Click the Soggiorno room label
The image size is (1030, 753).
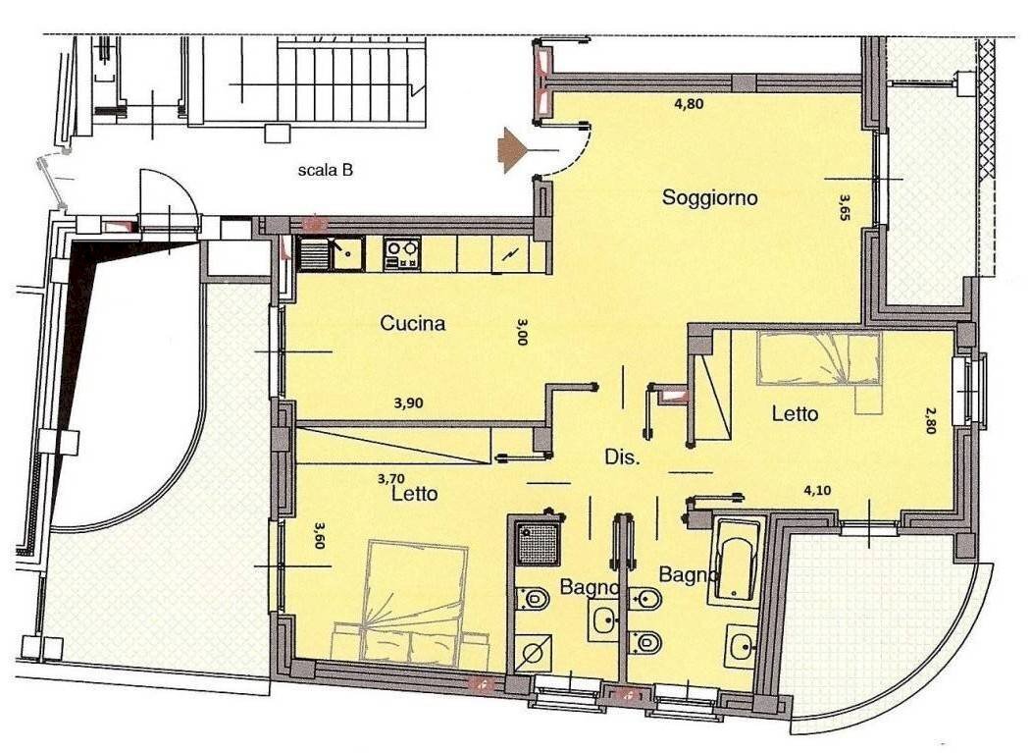[709, 197]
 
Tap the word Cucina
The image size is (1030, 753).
[413, 323]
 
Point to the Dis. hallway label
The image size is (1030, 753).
[622, 457]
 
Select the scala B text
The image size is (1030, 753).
[325, 170]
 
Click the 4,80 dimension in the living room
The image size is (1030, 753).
[690, 103]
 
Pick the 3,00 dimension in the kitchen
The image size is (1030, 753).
[522, 332]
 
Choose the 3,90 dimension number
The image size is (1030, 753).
[409, 403]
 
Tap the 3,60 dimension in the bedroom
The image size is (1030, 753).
[320, 535]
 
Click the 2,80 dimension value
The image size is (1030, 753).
[929, 419]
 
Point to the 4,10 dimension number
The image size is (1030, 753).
[819, 490]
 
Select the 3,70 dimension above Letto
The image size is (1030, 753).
[391, 479]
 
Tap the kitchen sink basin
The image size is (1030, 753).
[347, 254]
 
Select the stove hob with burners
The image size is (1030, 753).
[401, 254]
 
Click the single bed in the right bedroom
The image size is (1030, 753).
[820, 358]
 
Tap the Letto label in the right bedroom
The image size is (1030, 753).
[795, 413]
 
